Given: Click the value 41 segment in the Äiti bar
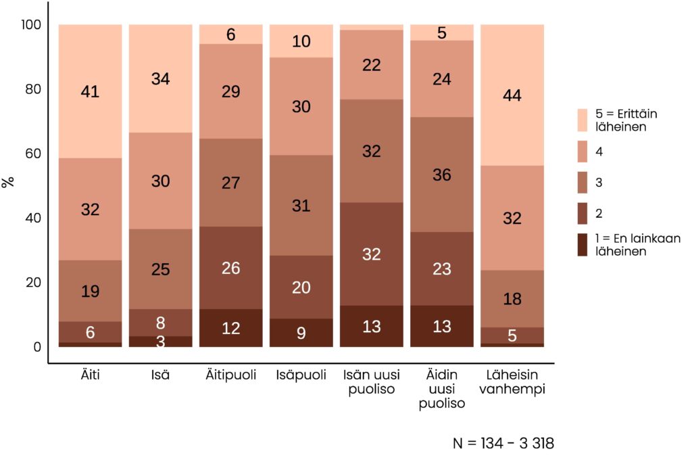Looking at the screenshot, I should (90, 91).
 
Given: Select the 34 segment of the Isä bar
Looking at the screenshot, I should (160, 78).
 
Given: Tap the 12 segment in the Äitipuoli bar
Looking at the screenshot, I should (230, 328).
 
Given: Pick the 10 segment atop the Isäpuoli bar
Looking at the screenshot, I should (301, 41).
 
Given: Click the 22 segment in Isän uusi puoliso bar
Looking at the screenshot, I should (371, 65).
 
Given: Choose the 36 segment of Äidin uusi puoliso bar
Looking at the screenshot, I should (441, 175).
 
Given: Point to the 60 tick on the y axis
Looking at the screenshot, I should (32, 154).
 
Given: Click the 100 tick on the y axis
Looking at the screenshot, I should (29, 25).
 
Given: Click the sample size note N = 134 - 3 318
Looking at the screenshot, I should (503, 444).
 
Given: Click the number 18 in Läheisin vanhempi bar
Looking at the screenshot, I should (512, 300).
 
